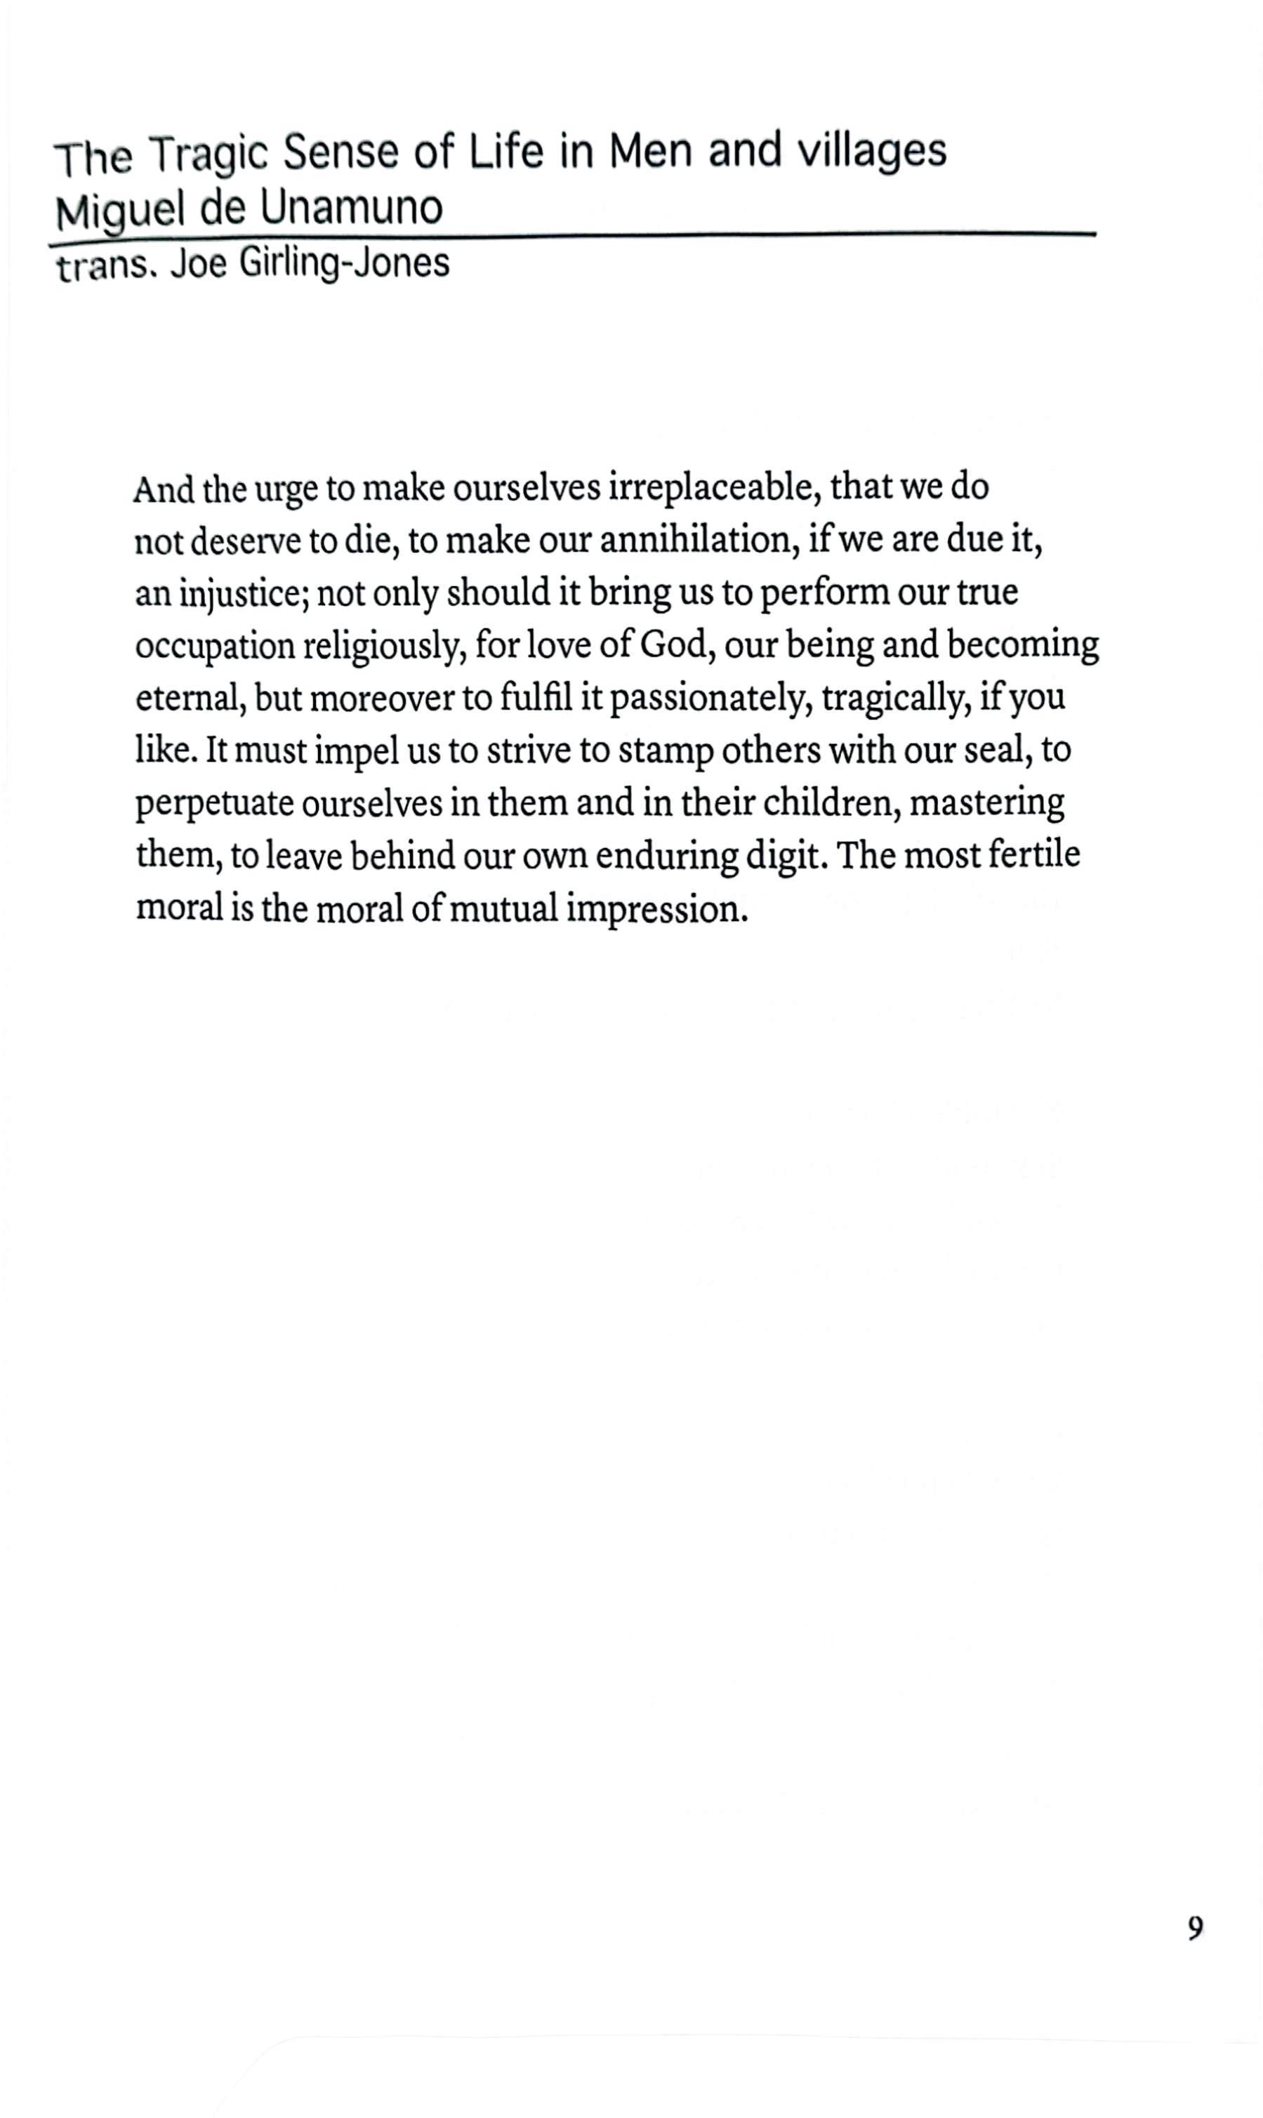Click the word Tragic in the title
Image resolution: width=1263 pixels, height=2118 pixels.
[x=210, y=155]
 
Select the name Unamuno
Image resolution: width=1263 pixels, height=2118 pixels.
[x=352, y=209]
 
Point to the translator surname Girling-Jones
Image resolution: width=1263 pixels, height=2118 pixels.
[x=344, y=264]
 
